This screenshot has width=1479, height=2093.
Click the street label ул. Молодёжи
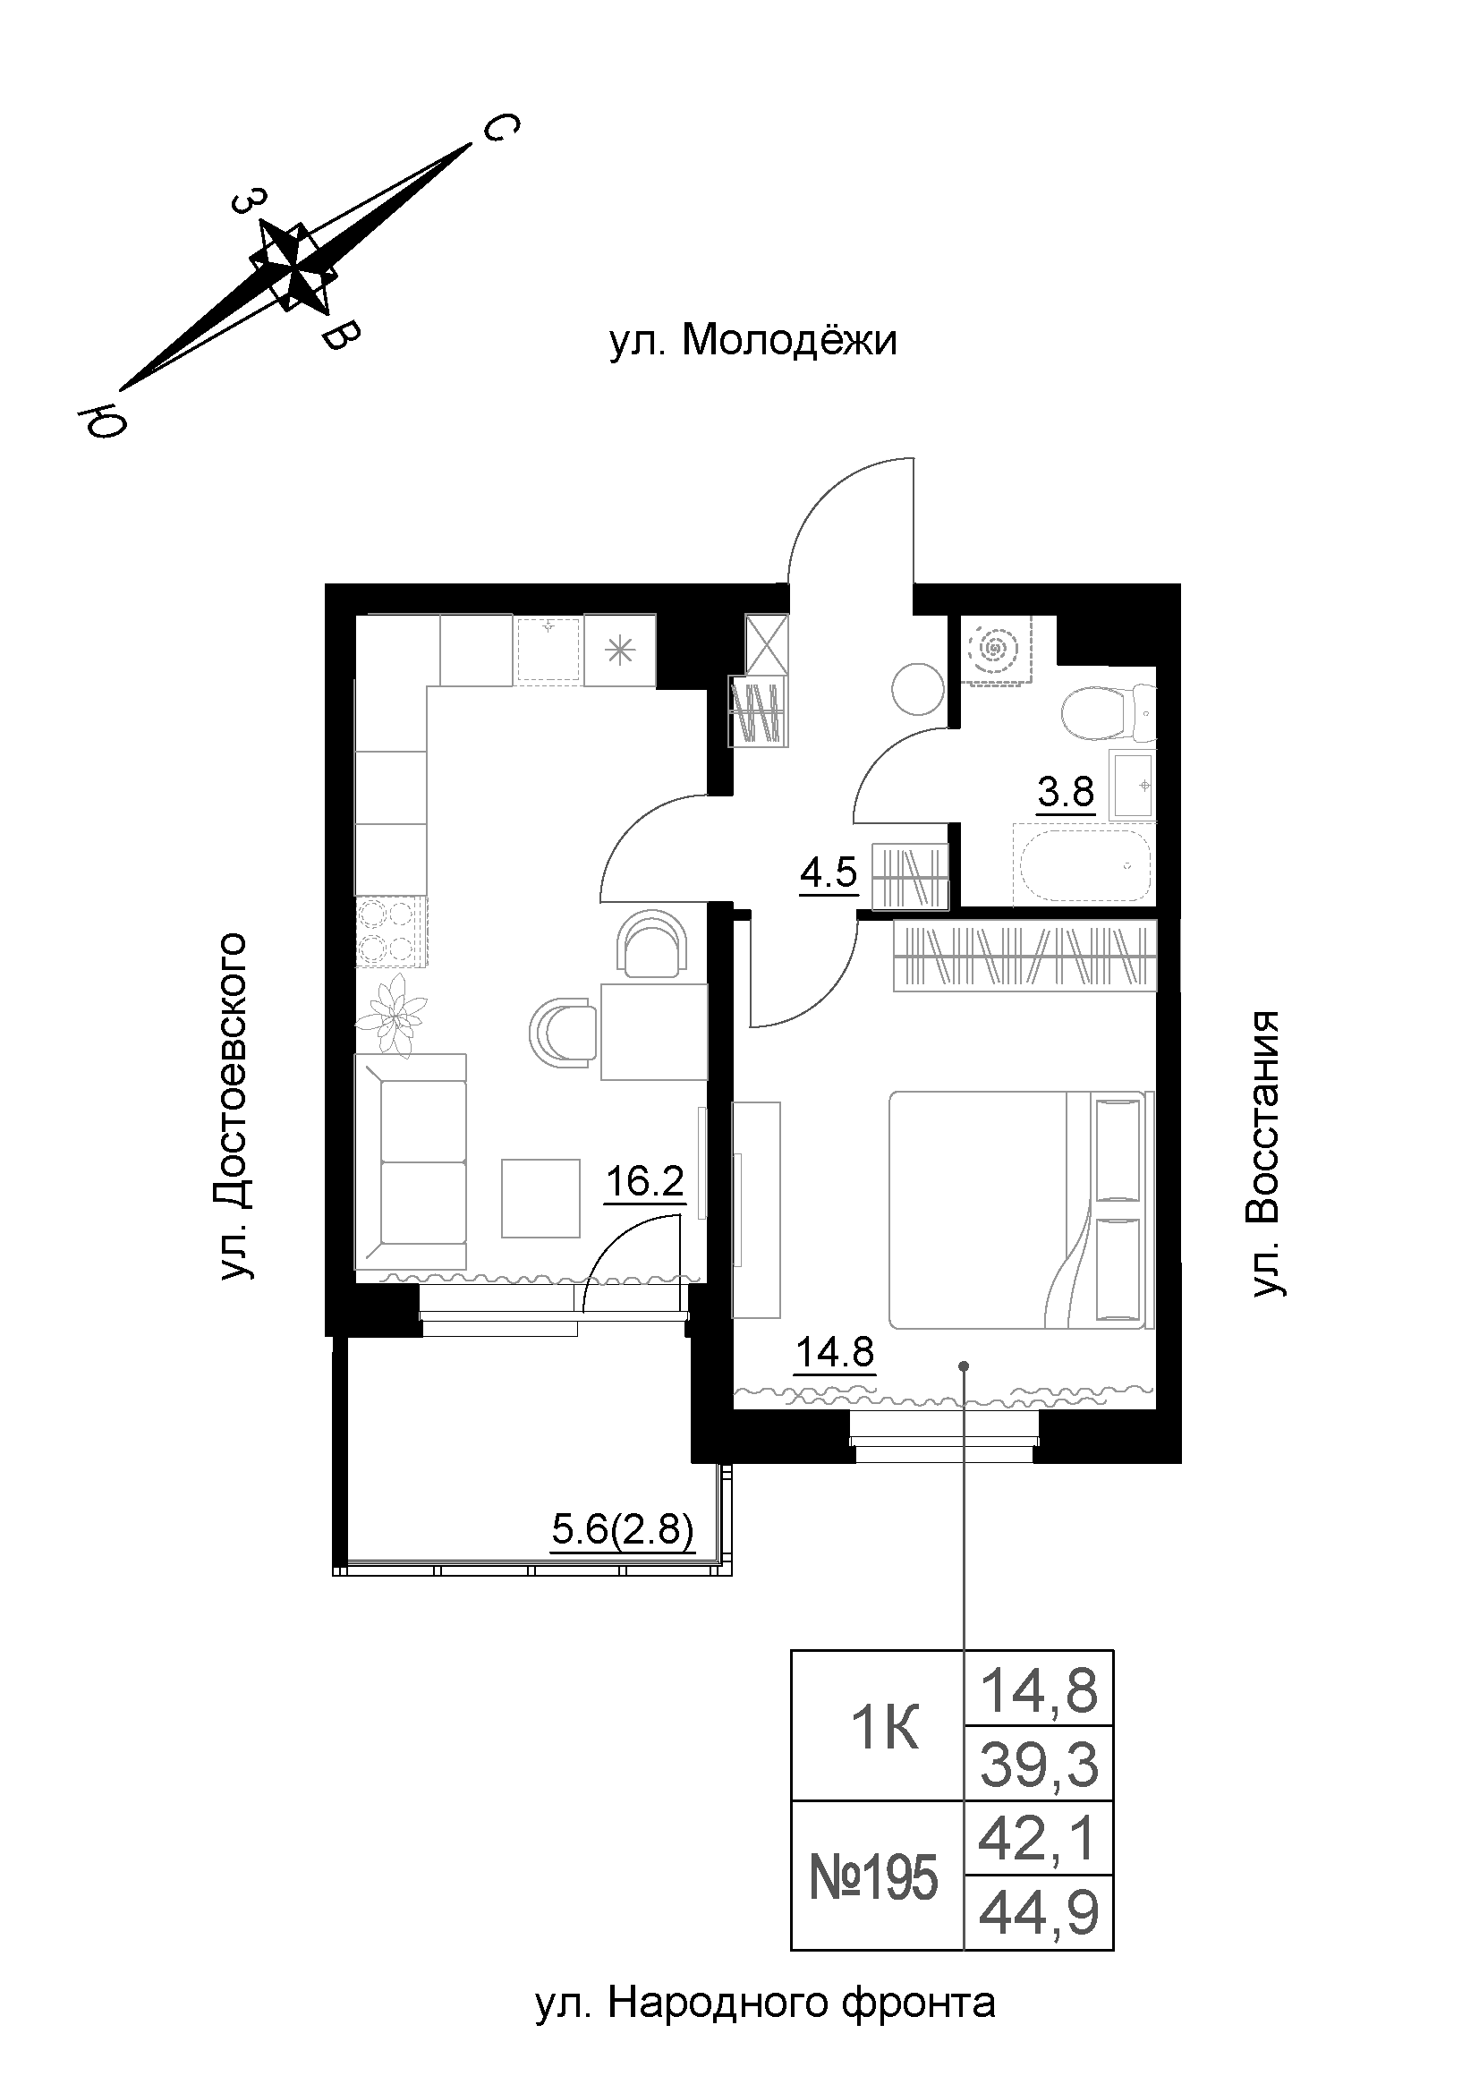(752, 342)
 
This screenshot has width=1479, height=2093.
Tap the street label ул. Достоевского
(234, 1106)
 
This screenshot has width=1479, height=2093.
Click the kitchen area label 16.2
(644, 1183)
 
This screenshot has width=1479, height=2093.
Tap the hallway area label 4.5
(829, 873)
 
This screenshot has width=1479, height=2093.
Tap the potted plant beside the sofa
(395, 1012)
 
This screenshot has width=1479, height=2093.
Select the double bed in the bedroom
(1021, 1209)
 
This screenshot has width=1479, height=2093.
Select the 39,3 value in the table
(1038, 1766)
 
